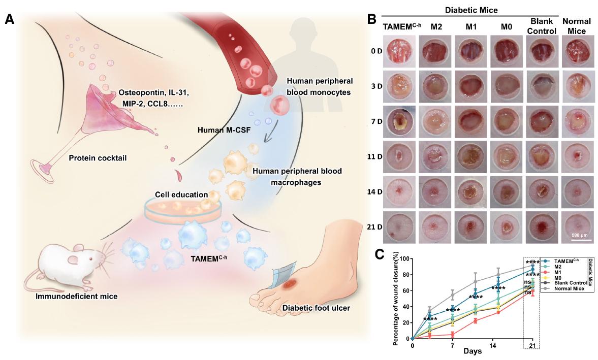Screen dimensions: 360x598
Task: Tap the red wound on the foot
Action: click(290, 285)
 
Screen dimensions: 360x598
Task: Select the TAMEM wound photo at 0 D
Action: click(400, 52)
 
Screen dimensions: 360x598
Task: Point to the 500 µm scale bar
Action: click(577, 240)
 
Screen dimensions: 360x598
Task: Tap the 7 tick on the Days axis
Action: click(452, 345)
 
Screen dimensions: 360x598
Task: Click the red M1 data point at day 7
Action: click(452, 334)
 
